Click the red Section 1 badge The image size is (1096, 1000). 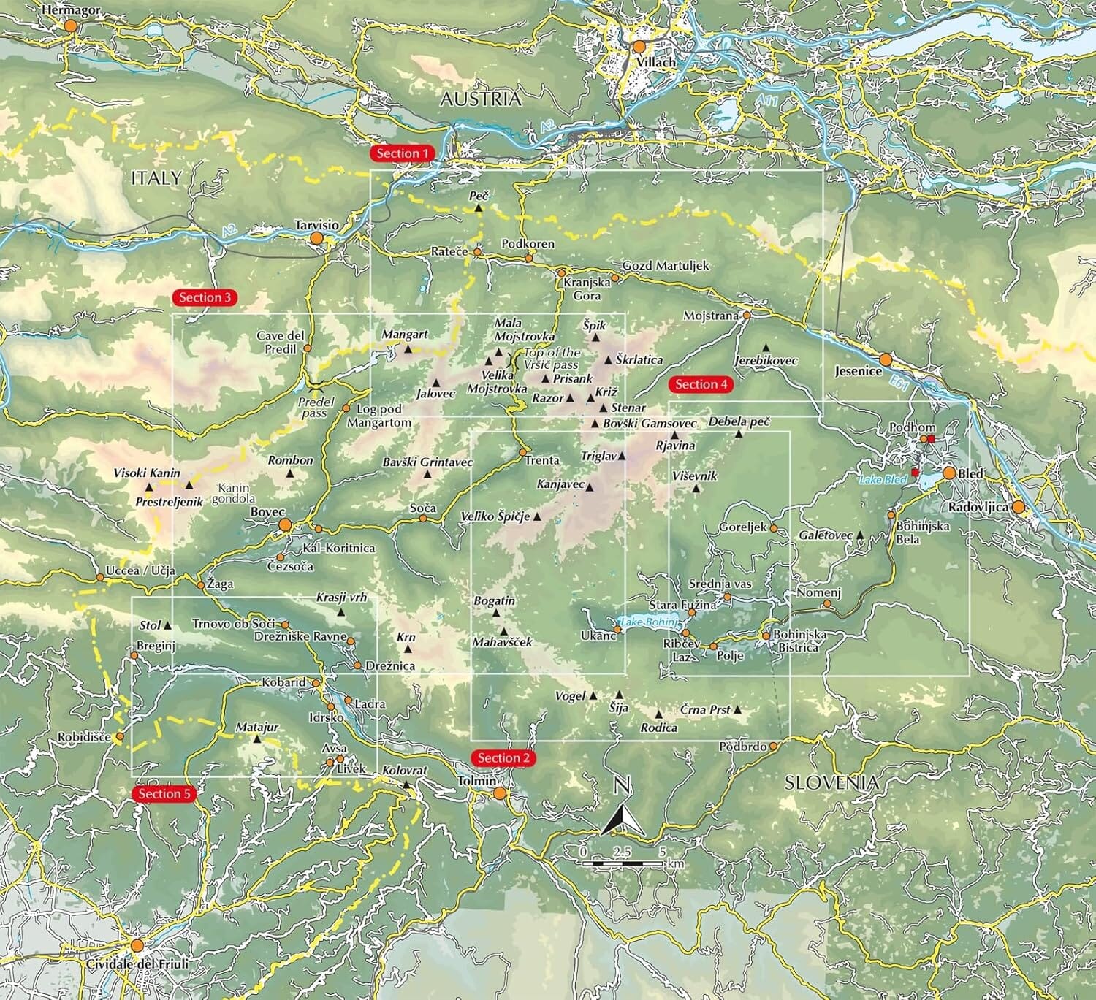pos(403,153)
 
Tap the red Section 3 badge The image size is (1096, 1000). pos(205,297)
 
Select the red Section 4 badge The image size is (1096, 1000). pos(701,384)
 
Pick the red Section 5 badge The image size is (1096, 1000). pos(164,793)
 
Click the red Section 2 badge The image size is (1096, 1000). pos(503,758)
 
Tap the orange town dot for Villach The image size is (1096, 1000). pos(639,47)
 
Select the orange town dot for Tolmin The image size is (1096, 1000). pos(500,793)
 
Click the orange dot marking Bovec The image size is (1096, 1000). pos(285,524)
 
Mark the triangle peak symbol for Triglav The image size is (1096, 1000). pos(622,456)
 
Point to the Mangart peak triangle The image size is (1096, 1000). pos(408,349)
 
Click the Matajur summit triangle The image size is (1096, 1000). pos(256,739)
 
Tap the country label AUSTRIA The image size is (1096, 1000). pos(481,99)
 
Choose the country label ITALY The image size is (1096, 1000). pos(156,178)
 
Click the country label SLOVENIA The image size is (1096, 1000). pos(831,783)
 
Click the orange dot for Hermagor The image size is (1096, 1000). pos(71,26)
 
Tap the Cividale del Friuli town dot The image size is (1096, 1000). pos(137,945)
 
